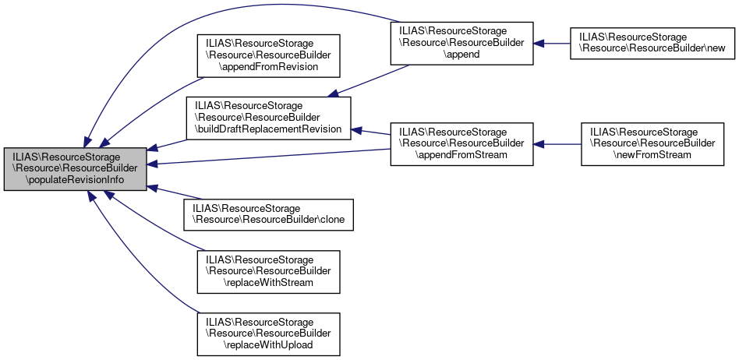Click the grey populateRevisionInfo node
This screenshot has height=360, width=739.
(x=75, y=168)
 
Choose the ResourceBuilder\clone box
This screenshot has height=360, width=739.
(x=268, y=214)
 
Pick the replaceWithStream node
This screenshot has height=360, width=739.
(x=269, y=271)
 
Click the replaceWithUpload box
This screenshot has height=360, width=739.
(x=269, y=333)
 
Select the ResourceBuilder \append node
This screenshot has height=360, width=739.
(x=461, y=44)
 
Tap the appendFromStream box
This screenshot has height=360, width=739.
(x=461, y=143)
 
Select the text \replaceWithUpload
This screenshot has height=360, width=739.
(x=269, y=344)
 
